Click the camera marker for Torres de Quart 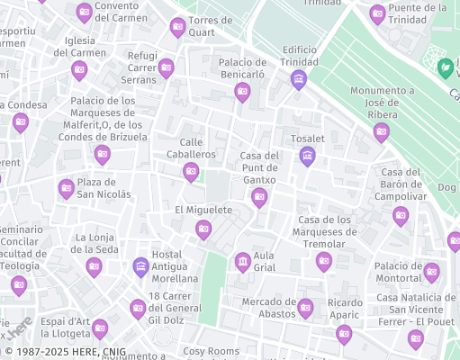pos(178,27)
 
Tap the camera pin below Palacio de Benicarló pos(242,92)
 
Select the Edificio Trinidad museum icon pos(299,80)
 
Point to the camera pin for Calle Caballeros pos(191,172)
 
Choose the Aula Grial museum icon pos(242,262)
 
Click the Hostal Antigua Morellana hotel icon pos(140,266)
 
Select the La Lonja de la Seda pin pos(94,266)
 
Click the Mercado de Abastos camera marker pos(305,308)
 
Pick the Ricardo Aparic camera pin pos(344,334)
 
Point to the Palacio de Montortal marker pos(431,272)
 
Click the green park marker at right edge pos(445,67)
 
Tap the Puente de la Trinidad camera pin pos(378,13)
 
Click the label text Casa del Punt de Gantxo pos(259,168)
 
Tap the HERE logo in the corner pos(20,329)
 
